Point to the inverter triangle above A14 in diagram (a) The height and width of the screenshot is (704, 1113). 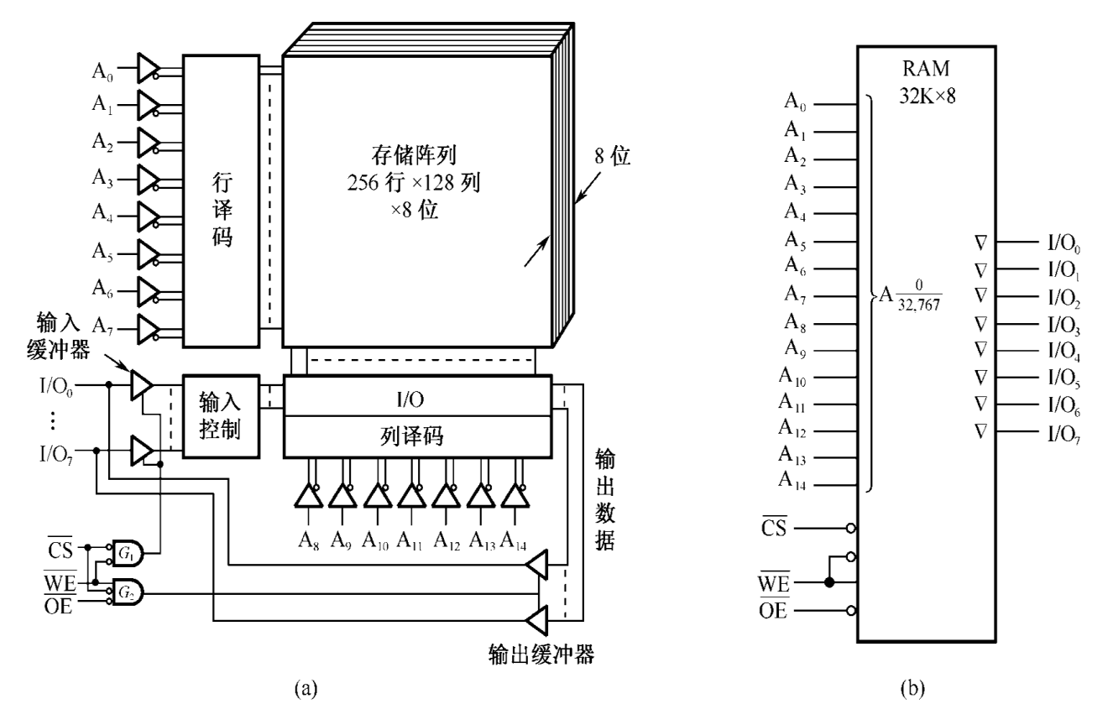pos(514,497)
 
